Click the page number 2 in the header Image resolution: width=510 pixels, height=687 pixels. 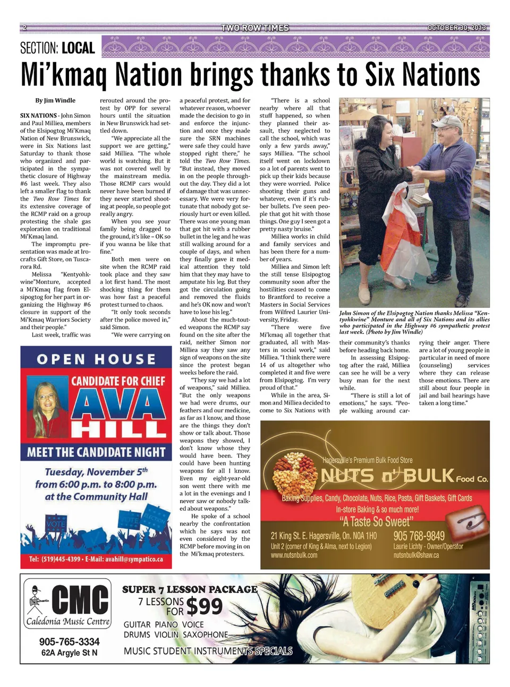[24, 28]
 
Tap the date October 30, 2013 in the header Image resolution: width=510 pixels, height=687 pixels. [456, 28]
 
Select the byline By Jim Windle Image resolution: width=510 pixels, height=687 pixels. [55, 100]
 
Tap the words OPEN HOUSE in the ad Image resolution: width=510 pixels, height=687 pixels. [96, 359]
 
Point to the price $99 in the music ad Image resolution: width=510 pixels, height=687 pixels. [205, 606]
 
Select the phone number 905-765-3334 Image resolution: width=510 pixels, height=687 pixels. [69, 642]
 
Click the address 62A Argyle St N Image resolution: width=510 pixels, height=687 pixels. [69, 653]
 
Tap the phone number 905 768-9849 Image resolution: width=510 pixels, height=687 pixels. [419, 536]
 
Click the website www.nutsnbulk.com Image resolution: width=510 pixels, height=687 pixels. [294, 555]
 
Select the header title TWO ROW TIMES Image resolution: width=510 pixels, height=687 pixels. [255, 28]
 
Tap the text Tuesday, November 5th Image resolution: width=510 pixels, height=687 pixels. [96, 472]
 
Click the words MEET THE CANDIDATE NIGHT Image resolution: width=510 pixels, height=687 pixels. [96, 452]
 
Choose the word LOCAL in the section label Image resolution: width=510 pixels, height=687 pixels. [78, 48]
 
